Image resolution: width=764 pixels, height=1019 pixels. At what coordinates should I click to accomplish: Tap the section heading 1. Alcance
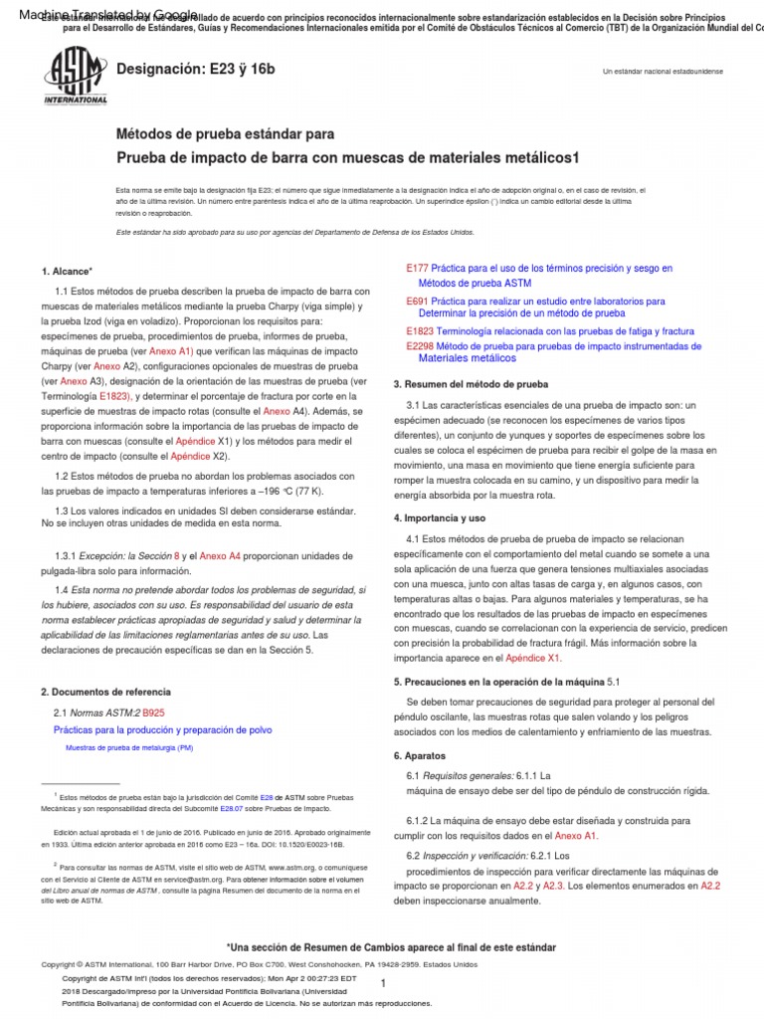point(67,271)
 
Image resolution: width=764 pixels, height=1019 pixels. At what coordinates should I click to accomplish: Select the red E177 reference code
point(417,269)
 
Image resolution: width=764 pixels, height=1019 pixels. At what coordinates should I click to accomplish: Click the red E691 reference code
point(417,300)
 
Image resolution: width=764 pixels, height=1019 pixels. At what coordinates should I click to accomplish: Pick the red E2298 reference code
point(421,345)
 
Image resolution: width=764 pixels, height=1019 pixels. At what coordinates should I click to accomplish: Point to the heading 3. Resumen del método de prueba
point(471,383)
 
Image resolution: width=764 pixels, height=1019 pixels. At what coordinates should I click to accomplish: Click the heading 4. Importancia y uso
point(440,518)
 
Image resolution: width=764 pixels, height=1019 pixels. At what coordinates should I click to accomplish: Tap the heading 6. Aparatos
point(419,755)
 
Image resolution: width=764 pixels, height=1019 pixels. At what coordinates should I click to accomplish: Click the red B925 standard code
point(154,713)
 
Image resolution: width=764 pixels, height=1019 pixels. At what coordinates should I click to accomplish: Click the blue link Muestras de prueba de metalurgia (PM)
point(129,747)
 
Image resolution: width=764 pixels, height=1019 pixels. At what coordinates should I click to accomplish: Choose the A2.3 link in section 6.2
point(553,884)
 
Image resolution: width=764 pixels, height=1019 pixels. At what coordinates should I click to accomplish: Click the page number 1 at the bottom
point(383,982)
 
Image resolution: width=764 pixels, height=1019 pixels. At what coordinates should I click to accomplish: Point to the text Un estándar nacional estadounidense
point(664,73)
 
